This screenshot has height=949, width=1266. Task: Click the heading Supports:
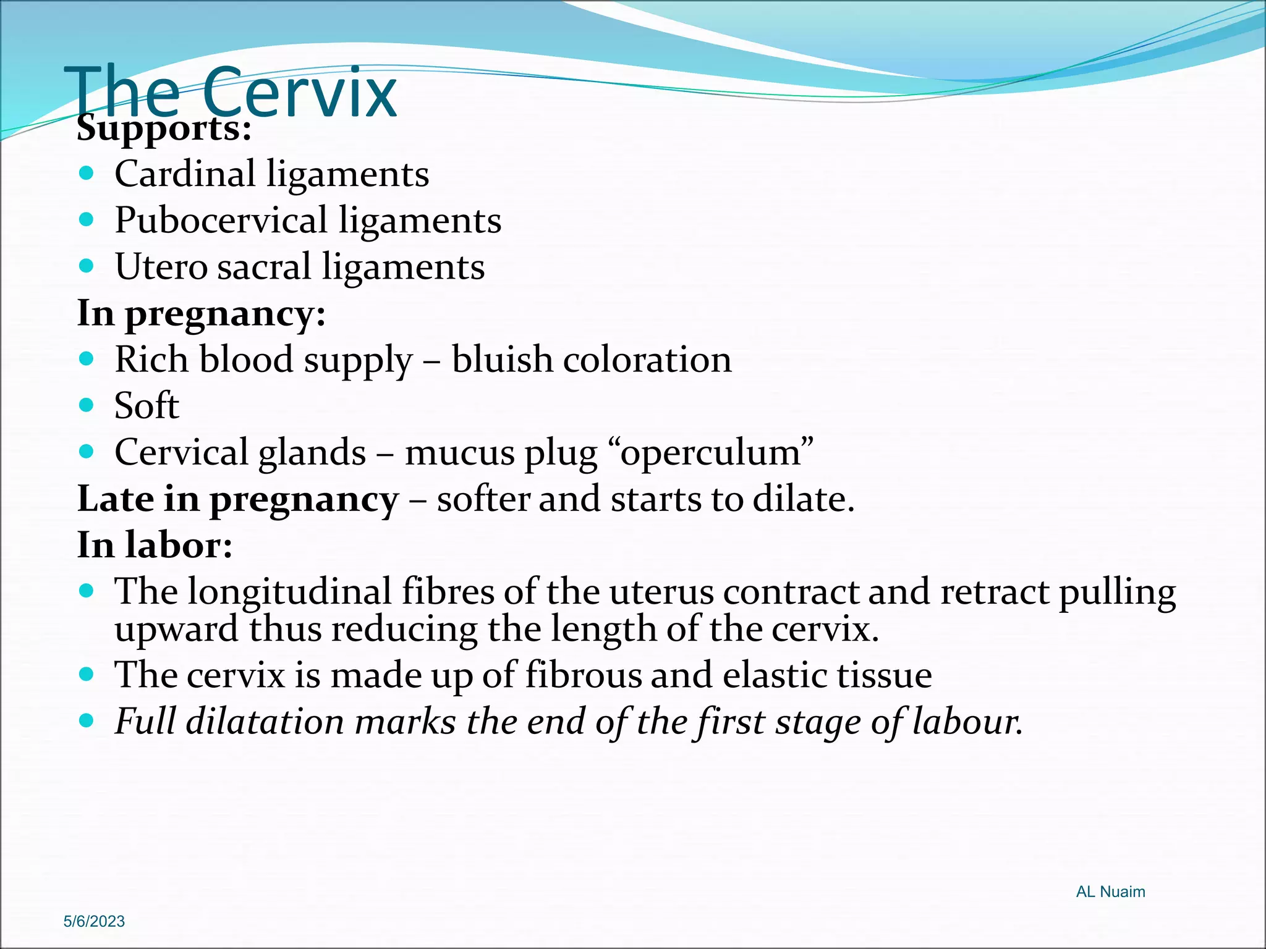click(164, 129)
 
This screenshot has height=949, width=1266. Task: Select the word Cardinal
click(184, 174)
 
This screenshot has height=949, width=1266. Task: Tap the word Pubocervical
click(221, 220)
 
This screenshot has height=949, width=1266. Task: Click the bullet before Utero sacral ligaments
click(87, 266)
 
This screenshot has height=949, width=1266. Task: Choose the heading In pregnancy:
click(201, 313)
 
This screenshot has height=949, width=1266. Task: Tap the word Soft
click(147, 406)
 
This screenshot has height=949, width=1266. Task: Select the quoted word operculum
click(716, 452)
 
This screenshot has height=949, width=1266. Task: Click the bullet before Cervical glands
click(87, 452)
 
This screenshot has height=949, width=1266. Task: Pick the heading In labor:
click(155, 545)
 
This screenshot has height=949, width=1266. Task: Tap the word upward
click(176, 629)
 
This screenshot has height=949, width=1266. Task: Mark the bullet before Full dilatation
click(87, 720)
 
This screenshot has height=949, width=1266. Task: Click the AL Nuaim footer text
click(1110, 892)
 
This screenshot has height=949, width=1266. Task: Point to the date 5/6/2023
click(94, 921)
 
